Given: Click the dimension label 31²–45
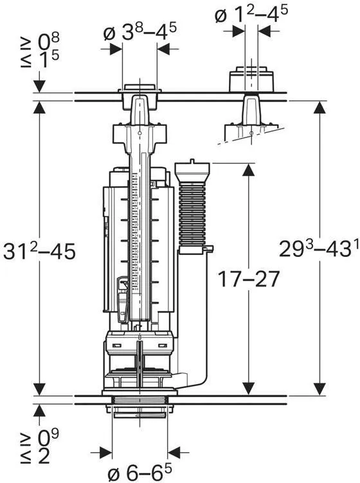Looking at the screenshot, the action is [x=39, y=251].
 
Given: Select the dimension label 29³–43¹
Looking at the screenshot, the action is [x=319, y=249].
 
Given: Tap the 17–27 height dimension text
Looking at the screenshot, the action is [x=248, y=279].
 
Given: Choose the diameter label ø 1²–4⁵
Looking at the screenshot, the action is [x=251, y=14].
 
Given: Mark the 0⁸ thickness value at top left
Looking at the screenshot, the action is [x=48, y=42].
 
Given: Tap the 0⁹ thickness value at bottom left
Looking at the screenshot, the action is [x=48, y=438].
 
